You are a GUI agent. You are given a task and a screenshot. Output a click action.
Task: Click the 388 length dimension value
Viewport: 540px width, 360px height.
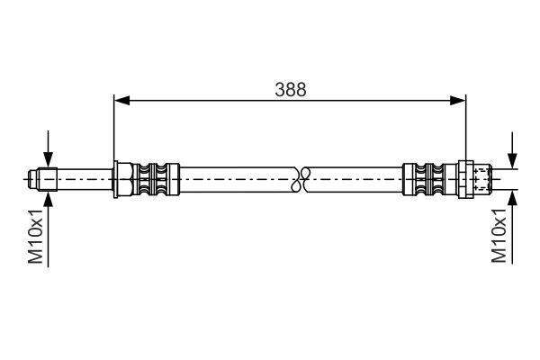coord(291,89)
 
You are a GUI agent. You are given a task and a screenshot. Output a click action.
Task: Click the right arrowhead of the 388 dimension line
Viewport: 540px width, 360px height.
coord(459,100)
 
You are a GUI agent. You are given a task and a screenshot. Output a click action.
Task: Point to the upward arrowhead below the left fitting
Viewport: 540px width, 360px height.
coord(48,199)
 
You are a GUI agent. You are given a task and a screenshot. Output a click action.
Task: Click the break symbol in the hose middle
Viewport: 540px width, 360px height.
coord(303,178)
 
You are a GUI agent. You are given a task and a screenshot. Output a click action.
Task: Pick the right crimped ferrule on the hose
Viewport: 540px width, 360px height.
coord(428,178)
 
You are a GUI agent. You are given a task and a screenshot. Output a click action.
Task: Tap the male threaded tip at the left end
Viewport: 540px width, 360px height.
coord(35,178)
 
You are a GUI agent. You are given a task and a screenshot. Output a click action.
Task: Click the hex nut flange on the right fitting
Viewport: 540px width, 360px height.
coord(465,178)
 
